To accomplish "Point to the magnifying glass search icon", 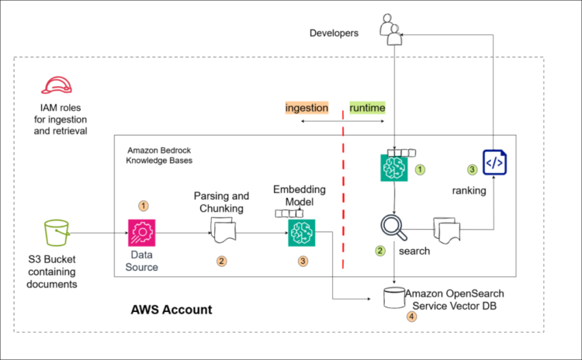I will click(x=393, y=228).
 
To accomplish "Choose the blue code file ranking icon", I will click(x=494, y=163).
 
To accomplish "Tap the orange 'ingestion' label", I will click(x=307, y=108).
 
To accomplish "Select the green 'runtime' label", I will click(x=367, y=108).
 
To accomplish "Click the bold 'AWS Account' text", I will click(x=171, y=310).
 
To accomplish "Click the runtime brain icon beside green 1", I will click(x=394, y=168).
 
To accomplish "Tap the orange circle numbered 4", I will click(x=412, y=317).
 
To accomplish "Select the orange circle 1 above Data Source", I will click(x=143, y=206).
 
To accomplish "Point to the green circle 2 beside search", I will click(x=380, y=251).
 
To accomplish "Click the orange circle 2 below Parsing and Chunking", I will click(x=222, y=261).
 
